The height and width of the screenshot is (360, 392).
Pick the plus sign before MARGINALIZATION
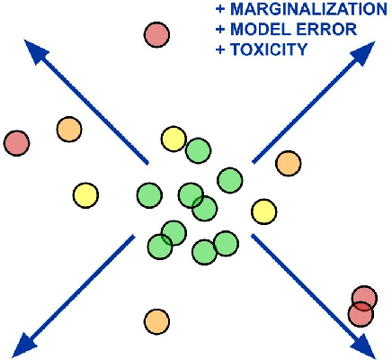(x=221, y=11)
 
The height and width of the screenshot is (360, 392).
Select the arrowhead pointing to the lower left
(x=27, y=342)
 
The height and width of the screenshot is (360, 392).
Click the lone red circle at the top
(x=157, y=35)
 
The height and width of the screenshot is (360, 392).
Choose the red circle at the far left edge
(x=16, y=142)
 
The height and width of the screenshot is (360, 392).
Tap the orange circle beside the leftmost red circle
(x=68, y=130)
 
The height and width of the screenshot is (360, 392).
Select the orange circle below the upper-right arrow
(x=288, y=163)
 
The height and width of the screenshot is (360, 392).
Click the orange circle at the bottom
(x=156, y=319)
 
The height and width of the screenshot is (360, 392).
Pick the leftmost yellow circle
(x=85, y=194)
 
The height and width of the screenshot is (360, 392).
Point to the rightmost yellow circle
(x=263, y=211)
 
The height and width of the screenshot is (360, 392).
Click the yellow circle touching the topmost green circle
(x=173, y=139)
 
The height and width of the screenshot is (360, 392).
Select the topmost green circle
(x=198, y=150)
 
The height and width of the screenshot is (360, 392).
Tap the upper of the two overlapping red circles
(x=364, y=298)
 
